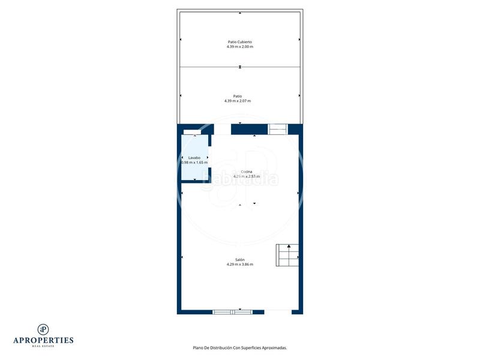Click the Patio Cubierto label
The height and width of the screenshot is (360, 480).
[x=239, y=42]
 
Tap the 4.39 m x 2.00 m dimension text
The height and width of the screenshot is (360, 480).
[x=239, y=47]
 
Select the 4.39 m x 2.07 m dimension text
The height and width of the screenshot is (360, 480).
[x=238, y=101]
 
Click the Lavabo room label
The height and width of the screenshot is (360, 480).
[x=194, y=157]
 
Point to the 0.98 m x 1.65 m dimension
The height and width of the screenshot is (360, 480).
[x=194, y=162]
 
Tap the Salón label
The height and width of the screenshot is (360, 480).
[x=239, y=259]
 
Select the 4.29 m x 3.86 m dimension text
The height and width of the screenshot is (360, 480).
[x=239, y=264]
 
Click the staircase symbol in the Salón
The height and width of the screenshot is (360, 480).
[x=288, y=255]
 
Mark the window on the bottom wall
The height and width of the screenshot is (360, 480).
[x=233, y=312]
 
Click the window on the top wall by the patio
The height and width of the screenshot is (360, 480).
[x=277, y=128]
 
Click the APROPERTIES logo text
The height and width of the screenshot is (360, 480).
[x=43, y=340]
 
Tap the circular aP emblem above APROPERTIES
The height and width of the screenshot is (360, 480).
[x=43, y=329]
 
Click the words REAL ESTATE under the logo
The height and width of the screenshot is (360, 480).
[x=43, y=346]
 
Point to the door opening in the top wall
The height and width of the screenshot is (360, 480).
[x=223, y=129]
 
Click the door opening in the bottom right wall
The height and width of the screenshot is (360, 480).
[x=278, y=312]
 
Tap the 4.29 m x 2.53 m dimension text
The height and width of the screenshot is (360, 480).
[x=247, y=176]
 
